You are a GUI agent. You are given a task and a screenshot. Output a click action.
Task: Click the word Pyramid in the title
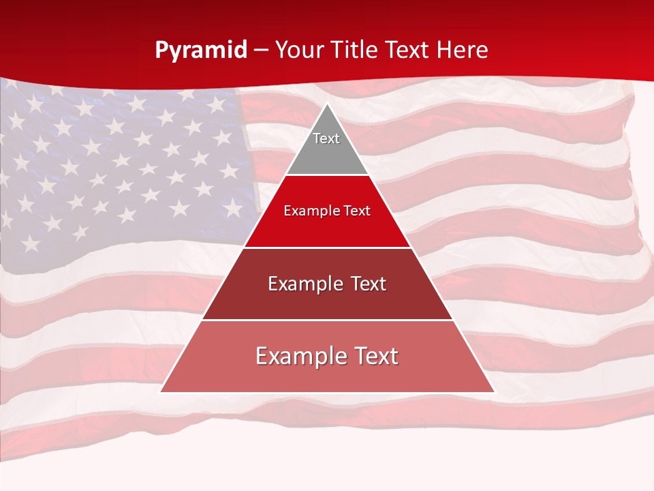click(x=200, y=50)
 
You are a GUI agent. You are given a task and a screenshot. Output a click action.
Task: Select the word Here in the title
click(x=463, y=50)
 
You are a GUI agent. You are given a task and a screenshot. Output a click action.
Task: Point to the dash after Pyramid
click(x=261, y=50)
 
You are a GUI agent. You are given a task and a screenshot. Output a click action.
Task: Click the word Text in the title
click(x=409, y=50)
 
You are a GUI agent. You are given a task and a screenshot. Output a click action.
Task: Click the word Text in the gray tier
click(x=326, y=138)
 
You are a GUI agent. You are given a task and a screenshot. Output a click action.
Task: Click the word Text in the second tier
click(x=357, y=211)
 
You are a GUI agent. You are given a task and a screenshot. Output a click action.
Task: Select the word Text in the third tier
click(x=368, y=284)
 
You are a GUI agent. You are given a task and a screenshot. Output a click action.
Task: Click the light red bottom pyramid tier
click(x=327, y=372)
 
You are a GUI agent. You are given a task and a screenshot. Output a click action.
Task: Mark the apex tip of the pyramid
click(x=327, y=104)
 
